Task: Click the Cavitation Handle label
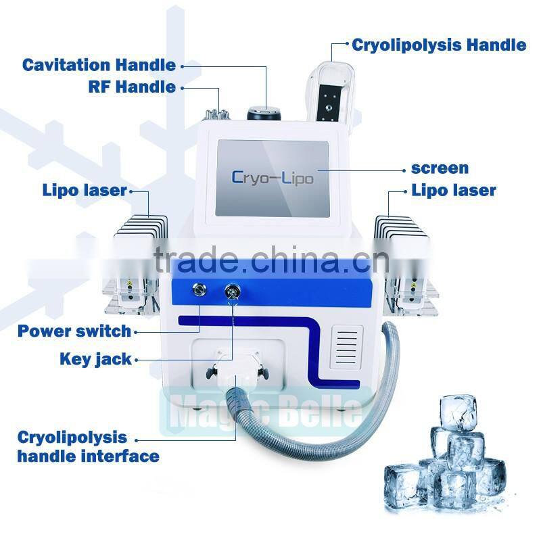pos(99,65)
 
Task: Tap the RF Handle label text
pos(132,87)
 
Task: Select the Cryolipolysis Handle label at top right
pos(439,45)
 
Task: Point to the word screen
pos(440,168)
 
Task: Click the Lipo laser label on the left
pos(85,190)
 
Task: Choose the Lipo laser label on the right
pos(454,190)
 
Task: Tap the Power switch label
pos(74,331)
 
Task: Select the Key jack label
pos(95,359)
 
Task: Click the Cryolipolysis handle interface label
pos(89,447)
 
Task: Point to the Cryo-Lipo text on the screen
pos(273,178)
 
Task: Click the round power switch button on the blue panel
pos(199,289)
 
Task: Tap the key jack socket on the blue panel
pos(232,292)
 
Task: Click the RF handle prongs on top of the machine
pos(216,114)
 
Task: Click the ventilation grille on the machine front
pos(347,347)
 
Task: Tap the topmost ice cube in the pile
pos(458,413)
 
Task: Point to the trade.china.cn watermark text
pos(272,260)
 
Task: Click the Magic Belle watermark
pos(266,411)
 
